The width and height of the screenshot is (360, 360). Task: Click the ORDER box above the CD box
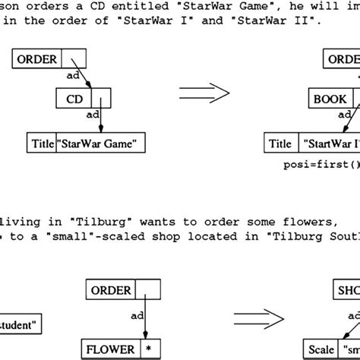click(37, 58)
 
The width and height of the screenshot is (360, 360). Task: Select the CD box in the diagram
click(74, 98)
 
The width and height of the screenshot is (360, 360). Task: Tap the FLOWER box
click(111, 350)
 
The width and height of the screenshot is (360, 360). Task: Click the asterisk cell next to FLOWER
click(150, 350)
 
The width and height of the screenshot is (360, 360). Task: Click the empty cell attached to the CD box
click(101, 98)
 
